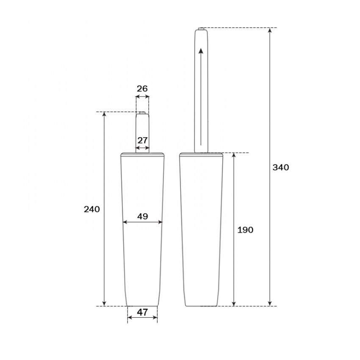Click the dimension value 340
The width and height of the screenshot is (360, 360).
[x=280, y=167]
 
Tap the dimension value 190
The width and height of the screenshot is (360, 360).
[x=245, y=230]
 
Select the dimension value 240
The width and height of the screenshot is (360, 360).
[x=91, y=209]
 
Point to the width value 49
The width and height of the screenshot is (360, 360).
[x=143, y=216]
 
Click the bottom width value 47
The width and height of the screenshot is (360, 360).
[x=143, y=312]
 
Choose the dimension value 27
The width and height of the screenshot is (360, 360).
[x=142, y=140]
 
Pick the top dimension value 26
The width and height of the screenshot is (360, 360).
[x=142, y=89]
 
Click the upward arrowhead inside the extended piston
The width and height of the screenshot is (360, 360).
[x=201, y=51]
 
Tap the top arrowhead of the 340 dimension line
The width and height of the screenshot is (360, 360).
[x=270, y=30]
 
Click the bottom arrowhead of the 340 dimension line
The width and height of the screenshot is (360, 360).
[x=270, y=303]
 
